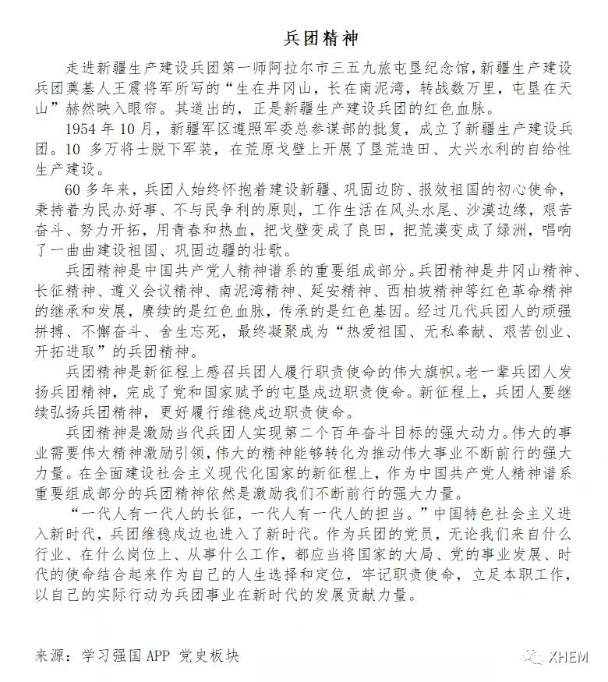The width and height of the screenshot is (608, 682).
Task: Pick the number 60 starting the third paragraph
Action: pos(74,189)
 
